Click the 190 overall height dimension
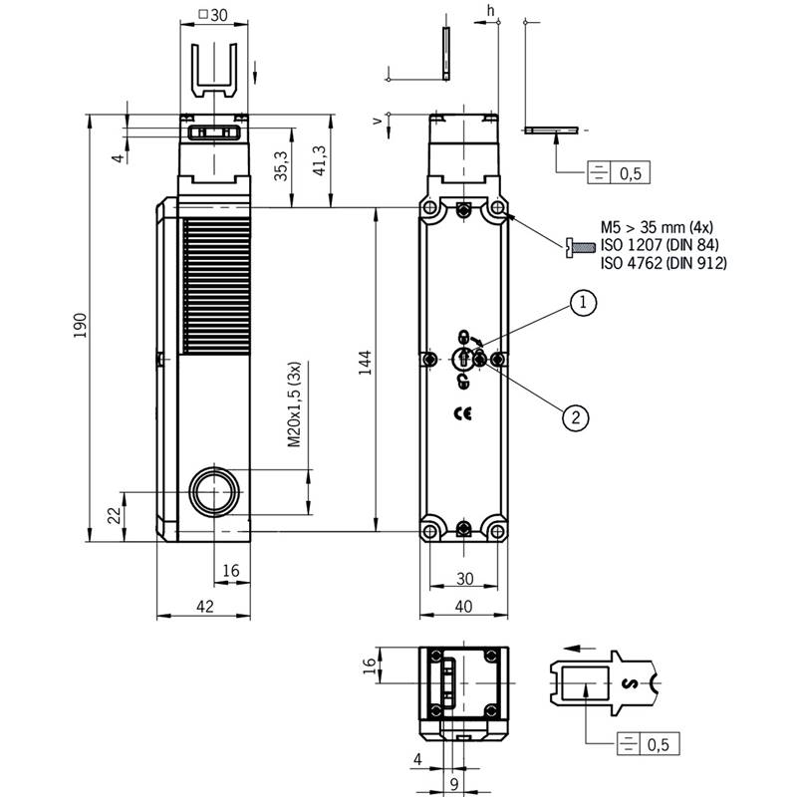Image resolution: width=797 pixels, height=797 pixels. [81, 326]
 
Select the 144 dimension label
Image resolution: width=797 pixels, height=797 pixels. [365, 363]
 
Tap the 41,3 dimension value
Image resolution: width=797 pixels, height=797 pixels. [319, 160]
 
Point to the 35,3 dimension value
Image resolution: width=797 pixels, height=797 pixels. [281, 165]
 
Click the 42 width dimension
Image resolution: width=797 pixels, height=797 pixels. [205, 606]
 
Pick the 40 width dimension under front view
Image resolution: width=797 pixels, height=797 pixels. [463, 606]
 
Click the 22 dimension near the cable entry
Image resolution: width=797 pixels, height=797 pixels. [116, 515]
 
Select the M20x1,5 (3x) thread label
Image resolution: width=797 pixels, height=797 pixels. [294, 404]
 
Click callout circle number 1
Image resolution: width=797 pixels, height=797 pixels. [583, 303]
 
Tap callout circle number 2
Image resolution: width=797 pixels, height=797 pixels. [576, 417]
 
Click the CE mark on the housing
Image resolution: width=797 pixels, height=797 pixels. [462, 414]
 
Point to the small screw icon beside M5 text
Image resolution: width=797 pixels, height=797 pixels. [581, 247]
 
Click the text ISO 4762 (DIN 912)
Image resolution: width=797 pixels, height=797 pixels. [664, 263]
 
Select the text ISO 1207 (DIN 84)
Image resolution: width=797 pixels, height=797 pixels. [660, 244]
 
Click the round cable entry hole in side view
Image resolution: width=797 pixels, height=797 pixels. [214, 492]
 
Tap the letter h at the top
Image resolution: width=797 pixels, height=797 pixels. [490, 10]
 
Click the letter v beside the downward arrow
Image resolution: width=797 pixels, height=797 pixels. [378, 121]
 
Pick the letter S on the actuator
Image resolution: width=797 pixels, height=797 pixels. [630, 683]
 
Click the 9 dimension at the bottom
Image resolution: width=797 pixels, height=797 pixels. [454, 783]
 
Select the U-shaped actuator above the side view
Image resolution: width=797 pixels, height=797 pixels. [214, 70]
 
